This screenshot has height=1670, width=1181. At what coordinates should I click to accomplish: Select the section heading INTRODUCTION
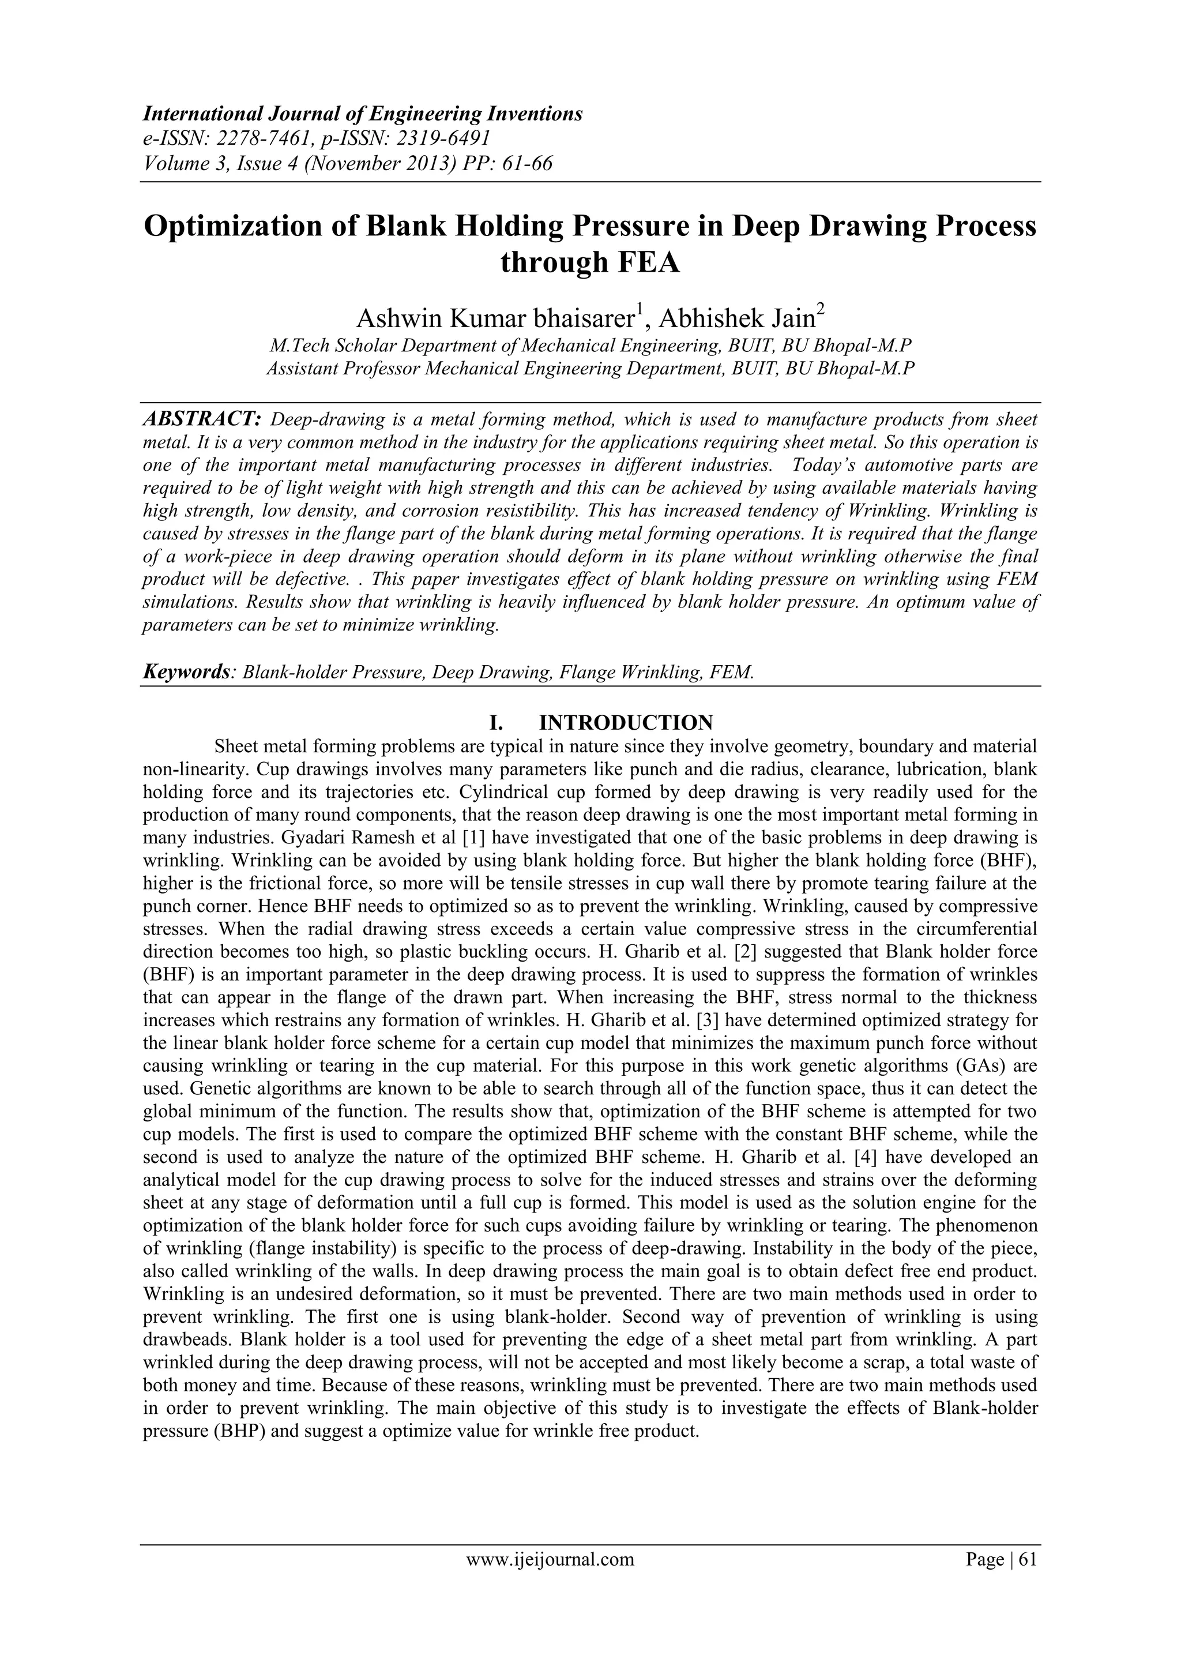[x=626, y=722]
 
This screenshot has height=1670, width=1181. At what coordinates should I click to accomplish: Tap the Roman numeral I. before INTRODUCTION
[x=498, y=722]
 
